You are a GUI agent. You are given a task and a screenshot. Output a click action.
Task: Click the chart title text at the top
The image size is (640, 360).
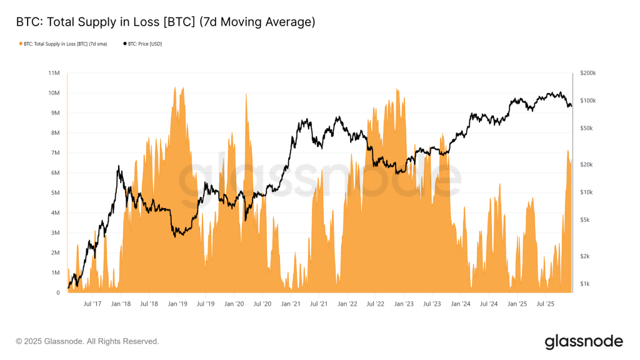click(x=165, y=22)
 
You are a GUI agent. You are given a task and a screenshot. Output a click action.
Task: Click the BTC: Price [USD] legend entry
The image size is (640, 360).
click(x=142, y=44)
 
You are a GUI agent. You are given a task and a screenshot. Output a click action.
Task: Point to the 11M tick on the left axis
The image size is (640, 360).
click(x=54, y=73)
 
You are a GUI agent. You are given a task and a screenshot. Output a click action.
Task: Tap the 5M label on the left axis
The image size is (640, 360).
click(x=55, y=193)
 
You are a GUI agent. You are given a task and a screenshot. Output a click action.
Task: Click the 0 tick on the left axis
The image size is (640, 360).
click(x=57, y=292)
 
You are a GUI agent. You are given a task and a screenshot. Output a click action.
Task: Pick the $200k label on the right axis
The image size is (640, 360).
click(x=588, y=73)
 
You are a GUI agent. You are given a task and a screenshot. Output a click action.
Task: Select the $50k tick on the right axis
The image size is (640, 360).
click(x=587, y=128)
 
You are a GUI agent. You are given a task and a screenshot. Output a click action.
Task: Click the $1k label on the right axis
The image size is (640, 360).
click(x=586, y=284)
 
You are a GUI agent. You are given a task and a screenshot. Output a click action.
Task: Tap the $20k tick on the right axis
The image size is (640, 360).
click(x=587, y=164)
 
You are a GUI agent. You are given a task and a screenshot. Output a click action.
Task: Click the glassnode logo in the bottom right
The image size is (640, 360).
click(x=583, y=341)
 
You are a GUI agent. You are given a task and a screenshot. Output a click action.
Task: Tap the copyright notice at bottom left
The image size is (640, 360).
click(x=87, y=341)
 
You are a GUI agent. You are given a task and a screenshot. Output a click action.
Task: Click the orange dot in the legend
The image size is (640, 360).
click(x=21, y=44)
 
